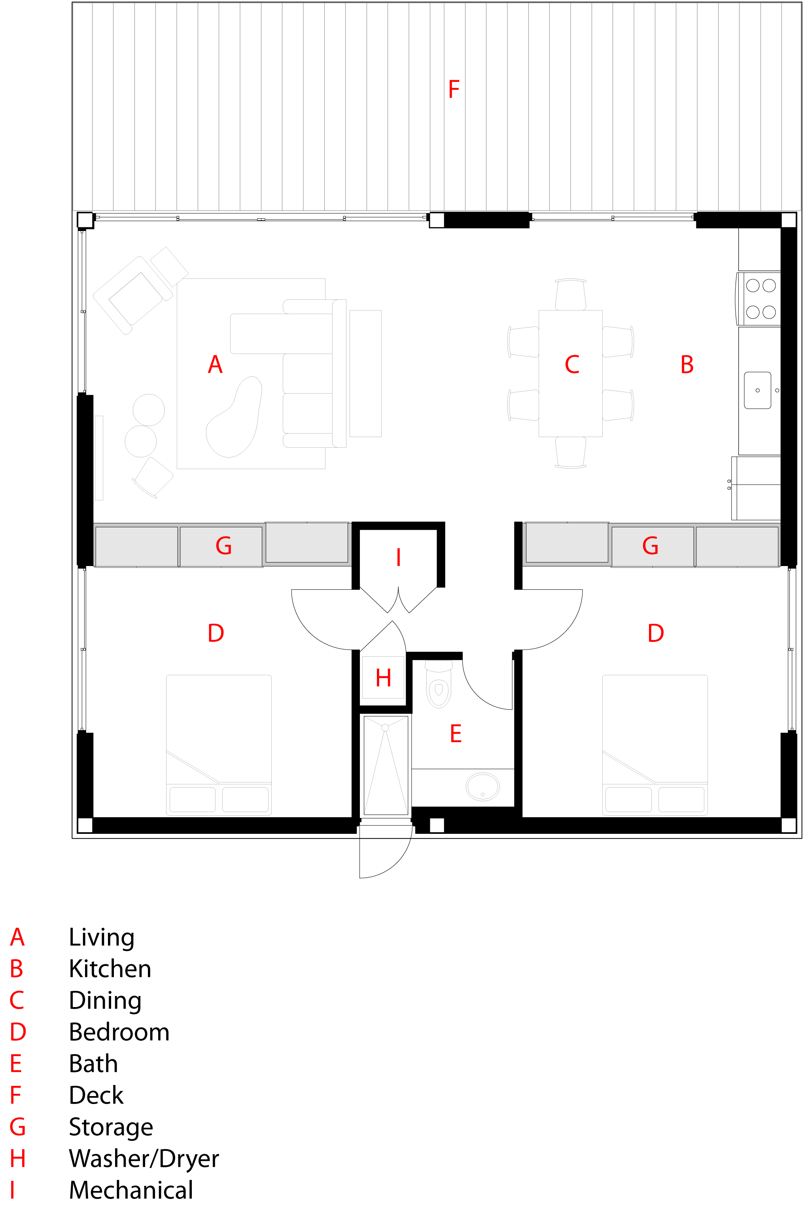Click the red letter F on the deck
(x=454, y=89)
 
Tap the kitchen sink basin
(x=757, y=390)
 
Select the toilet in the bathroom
(x=439, y=684)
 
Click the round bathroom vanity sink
(x=482, y=786)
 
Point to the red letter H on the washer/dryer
(x=384, y=678)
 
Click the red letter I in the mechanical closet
(x=398, y=557)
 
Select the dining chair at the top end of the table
(x=570, y=294)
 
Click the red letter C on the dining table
(x=572, y=365)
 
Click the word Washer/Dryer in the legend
(x=144, y=1158)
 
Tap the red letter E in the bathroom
(x=456, y=734)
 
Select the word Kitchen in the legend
(x=110, y=968)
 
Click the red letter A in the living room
(x=216, y=365)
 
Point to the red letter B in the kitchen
(x=687, y=365)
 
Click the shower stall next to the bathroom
(x=386, y=765)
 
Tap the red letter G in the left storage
(x=223, y=545)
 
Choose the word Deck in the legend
(x=96, y=1095)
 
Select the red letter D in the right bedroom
(x=656, y=633)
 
